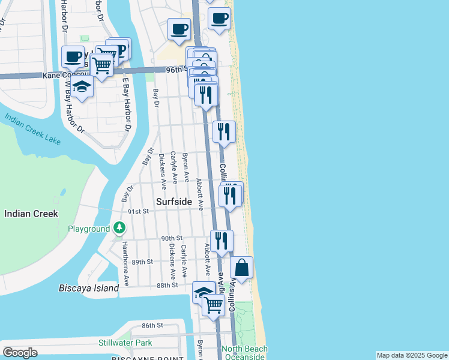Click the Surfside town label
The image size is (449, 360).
tap(174, 202)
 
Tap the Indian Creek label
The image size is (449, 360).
tap(31, 214)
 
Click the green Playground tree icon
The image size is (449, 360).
tap(120, 228)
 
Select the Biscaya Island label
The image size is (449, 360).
tap(89, 288)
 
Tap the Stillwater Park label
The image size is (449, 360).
tap(125, 343)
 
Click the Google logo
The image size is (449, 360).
tap(20, 353)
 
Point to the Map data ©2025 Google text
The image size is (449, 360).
tap(412, 355)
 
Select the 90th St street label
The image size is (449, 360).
tap(171, 238)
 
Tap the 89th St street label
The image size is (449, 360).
tap(143, 262)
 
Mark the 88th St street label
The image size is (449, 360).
tap(167, 284)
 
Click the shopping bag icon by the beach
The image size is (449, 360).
tap(241, 268)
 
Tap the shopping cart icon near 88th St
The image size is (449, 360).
tap(213, 304)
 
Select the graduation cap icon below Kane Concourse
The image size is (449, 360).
tap(82, 88)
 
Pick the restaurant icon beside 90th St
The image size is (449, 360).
tap(221, 241)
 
